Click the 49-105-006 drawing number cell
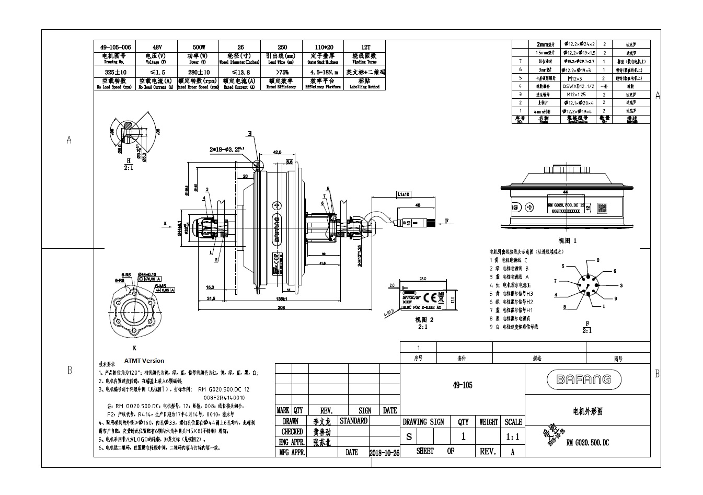click(114, 47)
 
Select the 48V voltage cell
click(156, 47)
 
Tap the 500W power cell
click(198, 47)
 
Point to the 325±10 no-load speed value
click(114, 72)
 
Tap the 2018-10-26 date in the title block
click(384, 453)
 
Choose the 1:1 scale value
click(513, 436)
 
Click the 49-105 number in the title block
click(462, 385)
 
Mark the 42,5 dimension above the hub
click(278, 152)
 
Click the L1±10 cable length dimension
click(404, 194)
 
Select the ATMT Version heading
click(144, 361)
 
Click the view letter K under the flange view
click(134, 347)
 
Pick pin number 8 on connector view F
click(564, 307)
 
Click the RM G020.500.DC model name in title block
click(587, 443)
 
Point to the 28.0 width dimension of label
click(423, 279)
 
